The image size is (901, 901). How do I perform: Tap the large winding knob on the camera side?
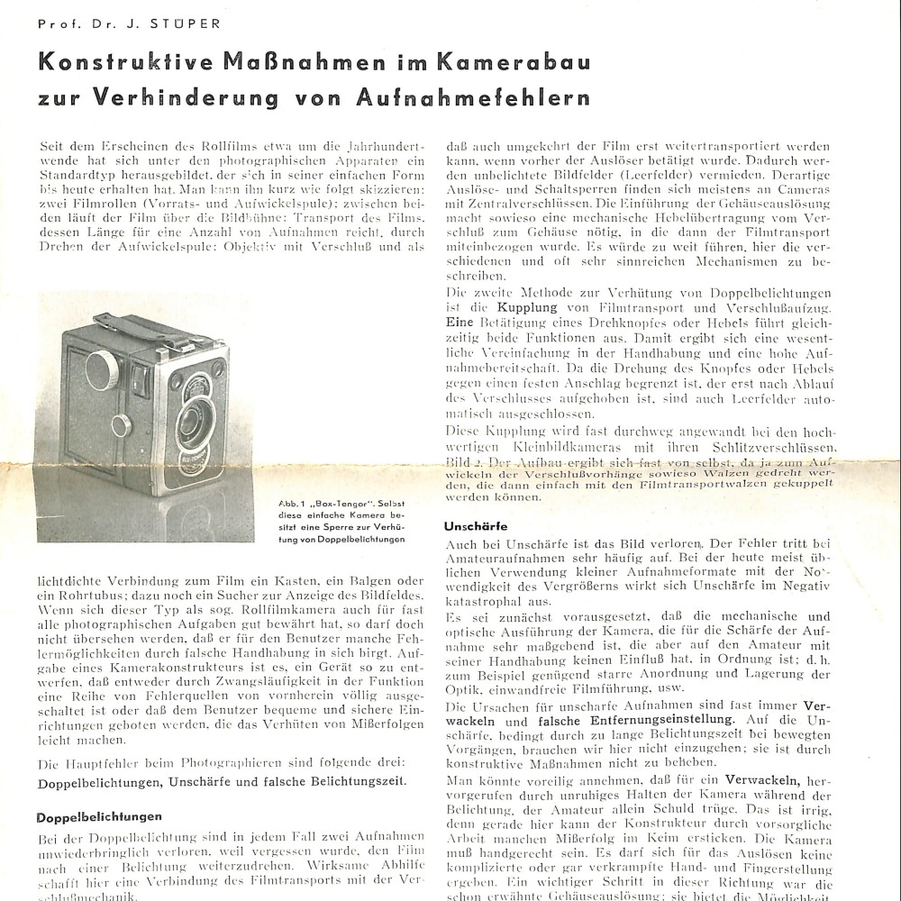coord(105,369)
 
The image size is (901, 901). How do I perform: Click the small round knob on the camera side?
coord(119,425)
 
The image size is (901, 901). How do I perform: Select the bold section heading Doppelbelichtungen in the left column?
coord(98,816)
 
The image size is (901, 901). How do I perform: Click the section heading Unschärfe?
coord(475,525)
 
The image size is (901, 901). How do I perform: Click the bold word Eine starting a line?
coord(458,321)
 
